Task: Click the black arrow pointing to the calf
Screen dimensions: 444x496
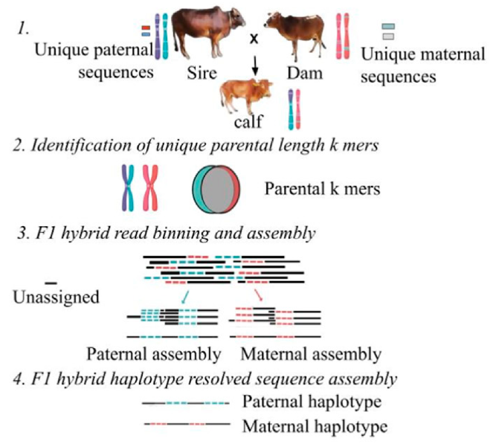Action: point(254,68)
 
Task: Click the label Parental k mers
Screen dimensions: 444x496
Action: point(322,189)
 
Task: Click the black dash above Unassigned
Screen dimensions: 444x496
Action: point(51,283)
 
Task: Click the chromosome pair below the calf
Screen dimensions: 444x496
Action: point(294,109)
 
